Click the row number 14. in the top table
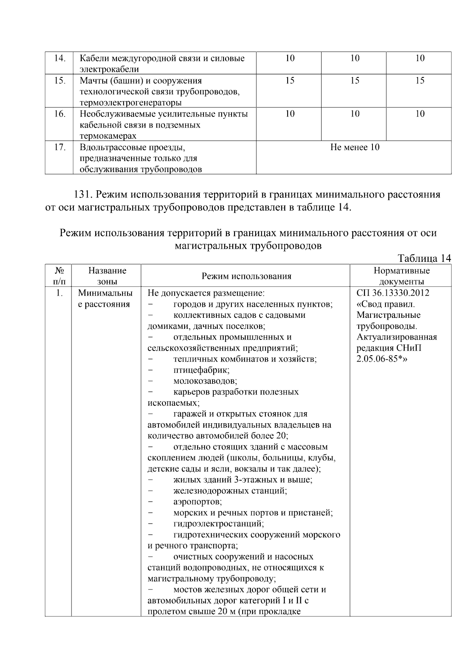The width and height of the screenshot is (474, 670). click(x=59, y=58)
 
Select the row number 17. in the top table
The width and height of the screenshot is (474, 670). click(x=59, y=148)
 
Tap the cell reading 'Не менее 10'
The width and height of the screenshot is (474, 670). click(x=354, y=148)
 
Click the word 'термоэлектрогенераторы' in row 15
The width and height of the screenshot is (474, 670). click(x=131, y=103)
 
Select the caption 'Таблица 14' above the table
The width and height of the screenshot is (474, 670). click(x=424, y=259)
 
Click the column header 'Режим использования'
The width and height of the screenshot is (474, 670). click(x=246, y=276)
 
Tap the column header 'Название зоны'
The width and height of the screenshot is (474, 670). click(x=107, y=276)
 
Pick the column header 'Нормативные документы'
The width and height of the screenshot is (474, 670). click(x=401, y=276)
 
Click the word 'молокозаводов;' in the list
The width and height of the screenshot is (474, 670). click(x=205, y=381)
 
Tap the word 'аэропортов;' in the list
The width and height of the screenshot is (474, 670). click(x=197, y=502)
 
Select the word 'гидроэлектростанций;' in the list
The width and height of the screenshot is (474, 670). click(x=218, y=524)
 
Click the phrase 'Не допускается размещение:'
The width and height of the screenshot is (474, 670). click(x=206, y=293)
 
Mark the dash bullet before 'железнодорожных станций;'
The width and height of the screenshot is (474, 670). click(x=150, y=491)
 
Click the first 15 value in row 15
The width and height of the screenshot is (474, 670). click(x=290, y=81)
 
